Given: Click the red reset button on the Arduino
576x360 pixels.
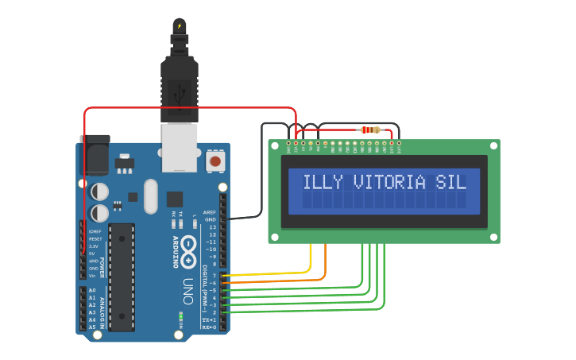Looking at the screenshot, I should pyautogui.click(x=215, y=161).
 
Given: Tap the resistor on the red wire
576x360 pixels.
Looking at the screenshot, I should pyautogui.click(x=369, y=130).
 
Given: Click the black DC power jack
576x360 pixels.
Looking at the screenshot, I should pyautogui.click(x=95, y=155).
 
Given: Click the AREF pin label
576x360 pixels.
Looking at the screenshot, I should pyautogui.click(x=210, y=213).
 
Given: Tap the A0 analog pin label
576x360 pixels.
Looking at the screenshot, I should pyautogui.click(x=92, y=290).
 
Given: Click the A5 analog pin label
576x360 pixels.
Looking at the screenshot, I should pyautogui.click(x=92, y=327).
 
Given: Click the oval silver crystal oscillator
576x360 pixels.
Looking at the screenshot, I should pyautogui.click(x=151, y=196).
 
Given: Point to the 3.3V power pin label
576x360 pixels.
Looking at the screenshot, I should pyautogui.click(x=94, y=246).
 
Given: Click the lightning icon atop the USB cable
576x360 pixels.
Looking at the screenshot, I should pyautogui.click(x=180, y=25).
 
